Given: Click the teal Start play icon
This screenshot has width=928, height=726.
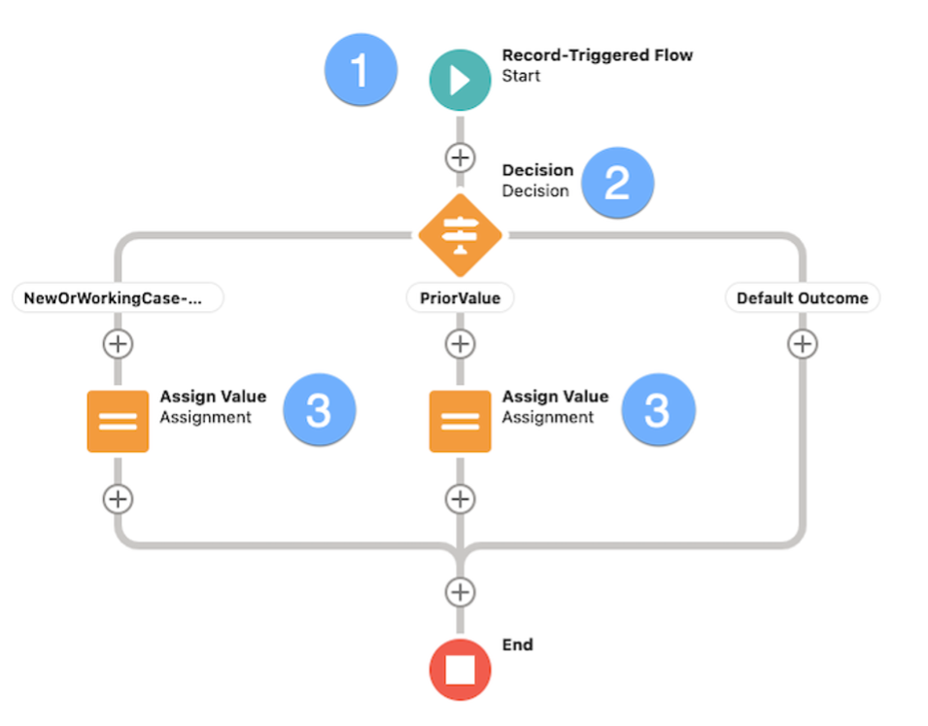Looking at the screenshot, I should point(460,80).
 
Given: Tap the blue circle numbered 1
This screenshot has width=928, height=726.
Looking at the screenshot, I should point(361,70).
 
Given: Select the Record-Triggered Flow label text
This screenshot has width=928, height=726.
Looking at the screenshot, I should point(597,55).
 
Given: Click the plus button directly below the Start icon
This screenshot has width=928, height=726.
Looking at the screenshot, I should point(460,157).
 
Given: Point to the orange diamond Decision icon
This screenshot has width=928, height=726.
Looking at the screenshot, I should point(460,235).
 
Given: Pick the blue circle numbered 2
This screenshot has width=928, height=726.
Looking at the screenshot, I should point(618,183).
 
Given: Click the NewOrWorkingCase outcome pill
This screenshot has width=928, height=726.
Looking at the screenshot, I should point(118,298).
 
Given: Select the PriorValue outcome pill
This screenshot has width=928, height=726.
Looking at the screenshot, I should point(460,298).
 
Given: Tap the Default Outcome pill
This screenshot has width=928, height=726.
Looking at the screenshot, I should point(802,298).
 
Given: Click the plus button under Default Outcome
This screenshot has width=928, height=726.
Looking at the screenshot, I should point(802,344).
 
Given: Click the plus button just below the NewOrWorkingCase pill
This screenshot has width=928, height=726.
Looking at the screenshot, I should point(118,344).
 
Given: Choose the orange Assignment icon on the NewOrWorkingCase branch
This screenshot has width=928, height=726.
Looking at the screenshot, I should point(118,421).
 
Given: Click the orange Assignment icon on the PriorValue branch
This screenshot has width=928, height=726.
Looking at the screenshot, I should point(460,421).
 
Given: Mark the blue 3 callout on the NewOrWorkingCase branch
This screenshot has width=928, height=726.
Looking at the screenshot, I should point(320,410).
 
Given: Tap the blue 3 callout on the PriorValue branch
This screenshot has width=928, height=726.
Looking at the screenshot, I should point(658,410).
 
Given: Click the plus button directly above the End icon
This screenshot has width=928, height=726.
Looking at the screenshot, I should point(460,592).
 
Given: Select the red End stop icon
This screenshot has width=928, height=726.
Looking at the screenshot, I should point(460,670).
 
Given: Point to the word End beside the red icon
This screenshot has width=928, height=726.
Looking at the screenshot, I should point(517,644).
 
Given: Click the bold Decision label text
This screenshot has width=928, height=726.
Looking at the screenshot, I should point(537,170).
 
